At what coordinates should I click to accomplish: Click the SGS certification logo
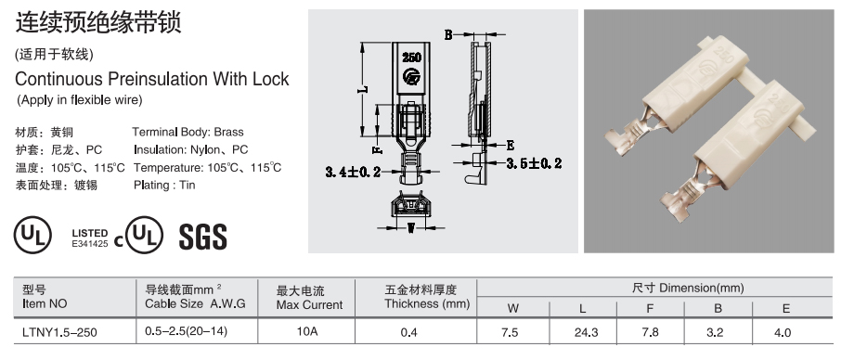click(202, 237)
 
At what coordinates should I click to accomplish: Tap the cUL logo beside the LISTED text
click(139, 236)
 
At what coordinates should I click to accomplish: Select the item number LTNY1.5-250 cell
click(59, 332)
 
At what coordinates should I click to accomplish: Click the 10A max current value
click(307, 331)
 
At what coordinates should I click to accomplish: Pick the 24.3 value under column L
click(587, 333)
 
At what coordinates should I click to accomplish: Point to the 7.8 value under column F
click(650, 333)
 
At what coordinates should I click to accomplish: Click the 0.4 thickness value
click(408, 333)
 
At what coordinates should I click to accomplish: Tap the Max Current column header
click(309, 299)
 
